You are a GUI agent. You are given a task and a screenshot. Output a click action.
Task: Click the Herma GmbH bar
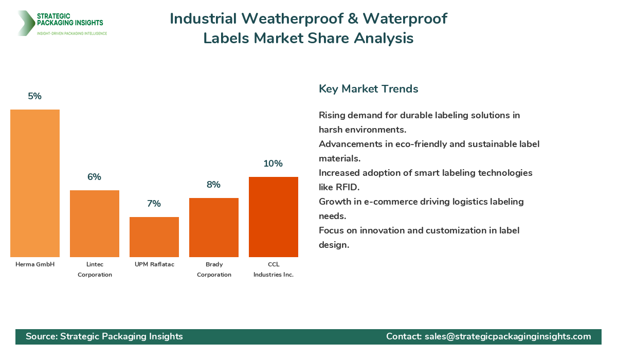(35, 183)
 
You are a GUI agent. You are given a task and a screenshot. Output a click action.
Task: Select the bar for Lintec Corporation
(95, 224)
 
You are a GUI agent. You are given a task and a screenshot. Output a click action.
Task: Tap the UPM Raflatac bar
(154, 237)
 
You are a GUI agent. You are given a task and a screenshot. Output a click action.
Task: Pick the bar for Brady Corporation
(214, 227)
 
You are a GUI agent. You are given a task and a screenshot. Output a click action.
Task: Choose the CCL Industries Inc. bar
(274, 217)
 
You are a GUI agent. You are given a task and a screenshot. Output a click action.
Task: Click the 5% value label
(35, 96)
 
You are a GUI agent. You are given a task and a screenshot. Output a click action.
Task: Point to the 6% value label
(95, 177)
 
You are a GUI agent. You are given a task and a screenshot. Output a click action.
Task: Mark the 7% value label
(154, 204)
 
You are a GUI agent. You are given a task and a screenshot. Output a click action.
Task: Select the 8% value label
(214, 185)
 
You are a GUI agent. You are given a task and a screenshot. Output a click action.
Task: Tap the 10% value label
(274, 164)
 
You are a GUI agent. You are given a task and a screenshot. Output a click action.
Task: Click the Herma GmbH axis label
(35, 264)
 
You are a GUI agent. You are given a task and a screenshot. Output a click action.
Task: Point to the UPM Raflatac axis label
(154, 264)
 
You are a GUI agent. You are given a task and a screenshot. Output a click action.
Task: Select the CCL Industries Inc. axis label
(274, 269)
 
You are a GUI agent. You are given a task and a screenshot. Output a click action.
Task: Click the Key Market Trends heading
(368, 89)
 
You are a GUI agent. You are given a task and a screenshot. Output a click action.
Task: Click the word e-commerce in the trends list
(389, 202)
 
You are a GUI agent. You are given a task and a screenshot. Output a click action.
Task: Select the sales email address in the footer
(507, 336)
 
